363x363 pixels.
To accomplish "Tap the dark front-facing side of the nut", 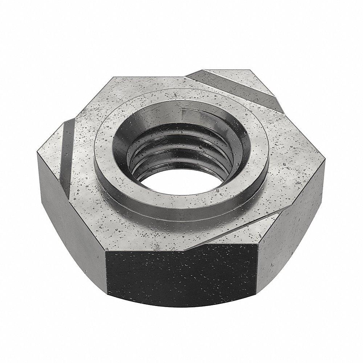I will (x=181, y=276).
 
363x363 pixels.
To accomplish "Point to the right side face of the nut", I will (x=290, y=247).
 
